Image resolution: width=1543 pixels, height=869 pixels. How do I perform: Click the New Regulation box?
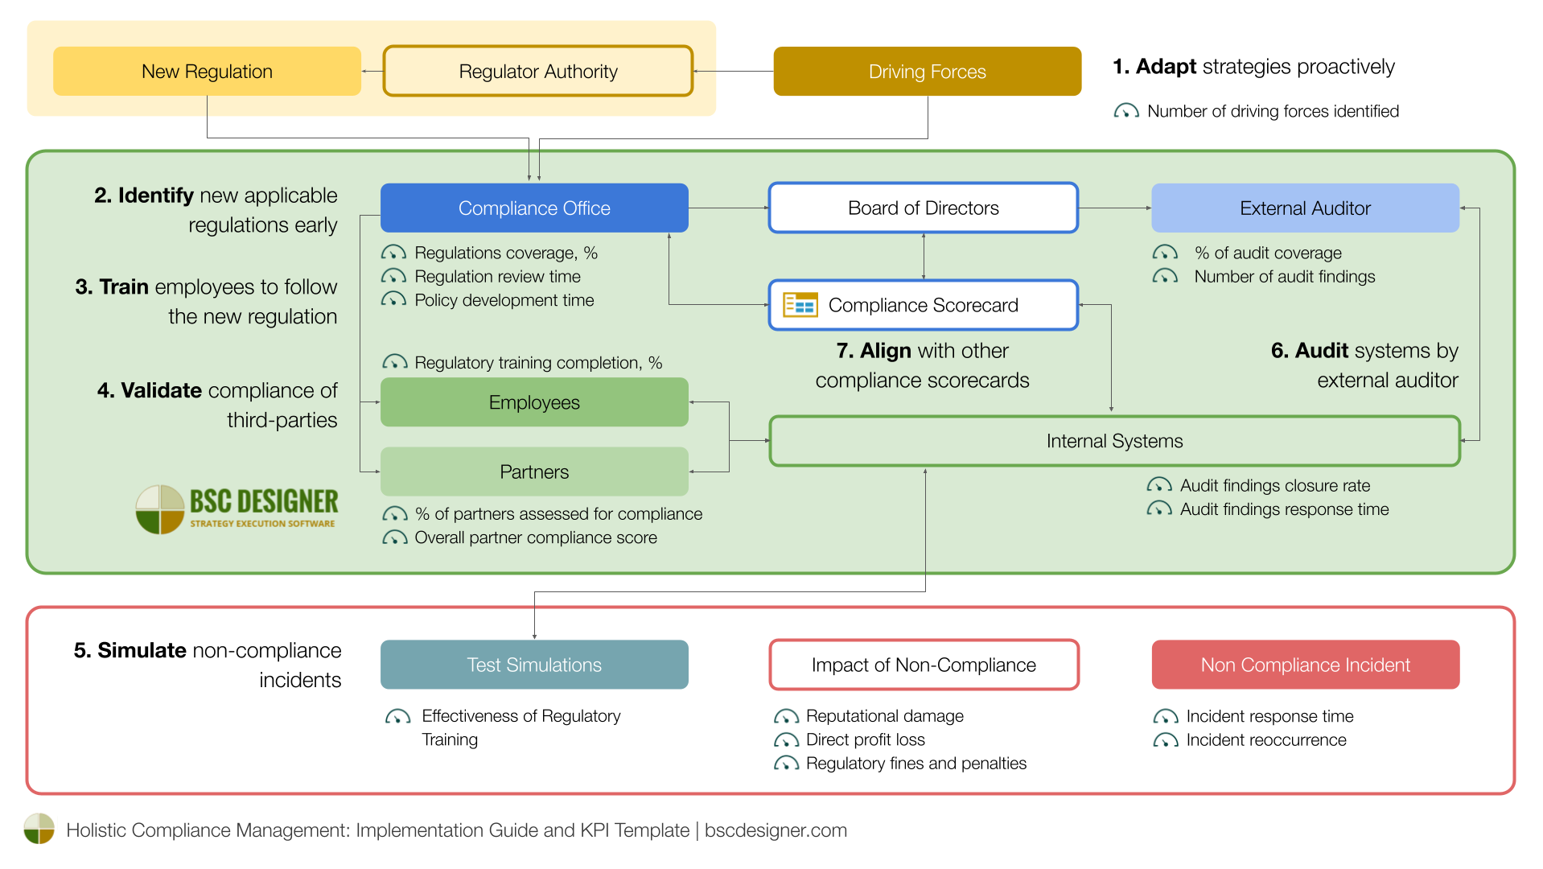click(x=207, y=72)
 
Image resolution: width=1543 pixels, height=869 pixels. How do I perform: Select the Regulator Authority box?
click(x=537, y=72)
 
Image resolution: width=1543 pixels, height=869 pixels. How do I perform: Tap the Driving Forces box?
click(x=927, y=72)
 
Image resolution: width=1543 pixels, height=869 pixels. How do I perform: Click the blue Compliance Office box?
click(x=533, y=208)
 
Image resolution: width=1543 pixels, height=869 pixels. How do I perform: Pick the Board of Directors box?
click(x=923, y=208)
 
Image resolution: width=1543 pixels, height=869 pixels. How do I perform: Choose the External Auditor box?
click(x=1304, y=208)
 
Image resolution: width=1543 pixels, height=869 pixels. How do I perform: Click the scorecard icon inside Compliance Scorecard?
click(x=800, y=305)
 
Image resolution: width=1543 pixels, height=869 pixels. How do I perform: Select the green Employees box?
click(x=533, y=402)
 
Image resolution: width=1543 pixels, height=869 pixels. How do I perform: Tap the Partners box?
click(x=533, y=472)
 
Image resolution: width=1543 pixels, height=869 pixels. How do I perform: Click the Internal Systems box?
click(x=1114, y=441)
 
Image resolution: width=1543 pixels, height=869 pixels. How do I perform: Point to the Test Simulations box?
click(x=533, y=665)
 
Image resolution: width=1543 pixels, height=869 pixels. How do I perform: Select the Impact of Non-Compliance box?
click(x=923, y=665)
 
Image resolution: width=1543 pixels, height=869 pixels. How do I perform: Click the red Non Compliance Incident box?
click(x=1304, y=665)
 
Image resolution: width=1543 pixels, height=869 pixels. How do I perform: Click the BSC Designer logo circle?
click(x=159, y=509)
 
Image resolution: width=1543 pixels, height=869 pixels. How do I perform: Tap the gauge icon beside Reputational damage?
click(x=785, y=716)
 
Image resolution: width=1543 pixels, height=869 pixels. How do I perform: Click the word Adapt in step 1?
click(x=1166, y=67)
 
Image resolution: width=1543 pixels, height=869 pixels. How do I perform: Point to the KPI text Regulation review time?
click(x=497, y=277)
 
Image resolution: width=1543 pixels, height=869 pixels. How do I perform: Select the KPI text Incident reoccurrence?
click(x=1265, y=740)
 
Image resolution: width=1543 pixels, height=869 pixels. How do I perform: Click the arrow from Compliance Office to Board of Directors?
click(x=728, y=208)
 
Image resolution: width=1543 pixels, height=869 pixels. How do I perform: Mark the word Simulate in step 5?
click(x=142, y=650)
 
